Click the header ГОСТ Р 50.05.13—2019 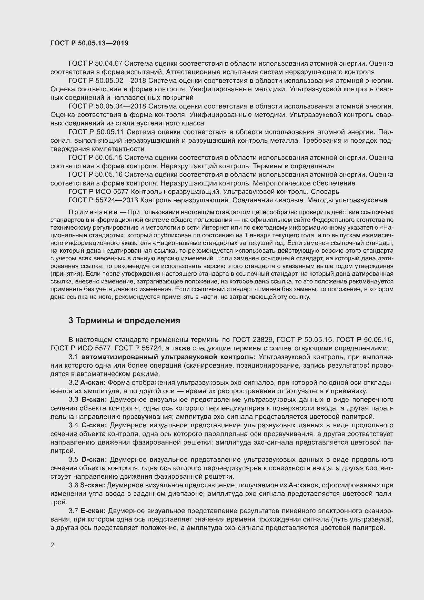(89, 43)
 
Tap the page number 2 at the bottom (52, 538)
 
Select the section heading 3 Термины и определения (124, 321)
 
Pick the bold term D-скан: (94, 459)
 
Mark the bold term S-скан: (93, 485)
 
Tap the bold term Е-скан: (93, 511)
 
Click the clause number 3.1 (73, 357)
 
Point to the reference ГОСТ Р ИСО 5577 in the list (98, 192)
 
